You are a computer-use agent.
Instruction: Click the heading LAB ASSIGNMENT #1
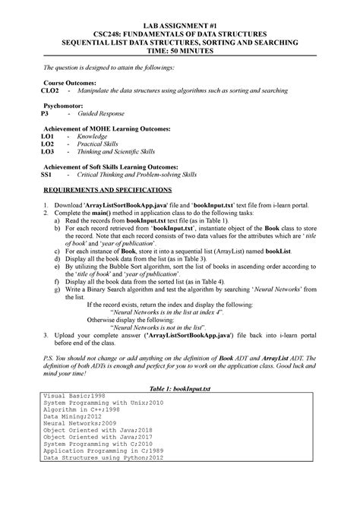pyautogui.click(x=180, y=24)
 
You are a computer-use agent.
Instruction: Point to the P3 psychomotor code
pyautogui.click(x=44, y=112)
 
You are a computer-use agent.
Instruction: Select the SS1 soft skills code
pyautogui.click(x=46, y=174)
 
